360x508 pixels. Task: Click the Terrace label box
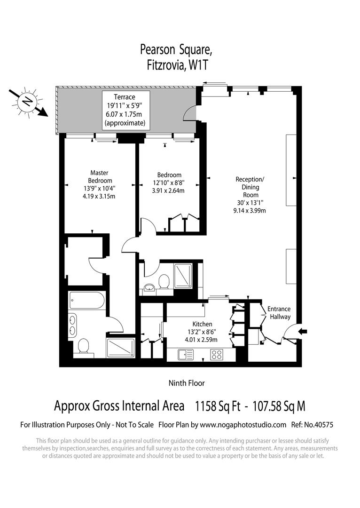[x=126, y=110]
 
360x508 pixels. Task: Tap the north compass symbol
[x=28, y=103]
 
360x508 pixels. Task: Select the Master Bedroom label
[x=99, y=184]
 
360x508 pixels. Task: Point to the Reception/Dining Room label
[x=250, y=195]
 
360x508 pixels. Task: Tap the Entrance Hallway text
[x=279, y=313]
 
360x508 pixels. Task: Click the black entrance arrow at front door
[x=303, y=331]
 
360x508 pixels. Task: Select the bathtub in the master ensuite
[x=87, y=300]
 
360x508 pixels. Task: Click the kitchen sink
[x=186, y=355]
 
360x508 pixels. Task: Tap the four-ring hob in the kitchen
[x=217, y=355]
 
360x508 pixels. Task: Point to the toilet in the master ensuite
[x=84, y=347]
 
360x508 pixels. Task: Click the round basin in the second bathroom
[x=149, y=287]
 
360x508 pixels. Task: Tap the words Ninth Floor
[x=187, y=383]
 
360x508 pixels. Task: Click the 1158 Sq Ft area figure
[x=218, y=406]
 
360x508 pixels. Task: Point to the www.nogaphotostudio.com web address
[x=243, y=425]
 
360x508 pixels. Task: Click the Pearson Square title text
[x=176, y=50]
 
